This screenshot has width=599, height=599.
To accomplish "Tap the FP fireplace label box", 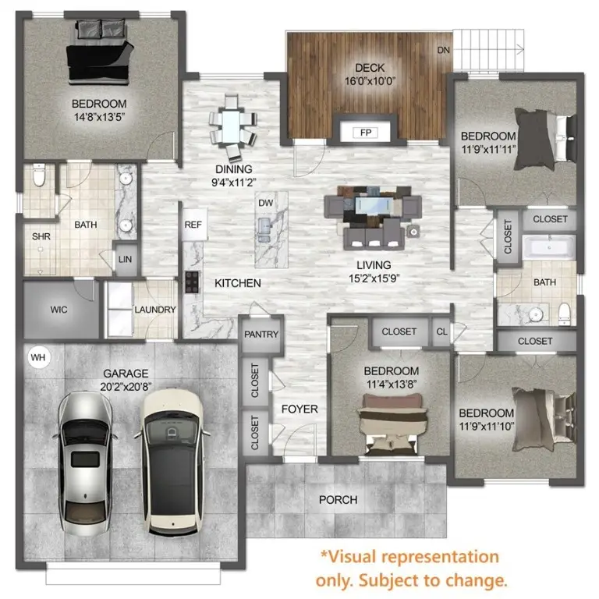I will pyautogui.click(x=364, y=133).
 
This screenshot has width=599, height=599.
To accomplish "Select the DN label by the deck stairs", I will pyautogui.click(x=444, y=50).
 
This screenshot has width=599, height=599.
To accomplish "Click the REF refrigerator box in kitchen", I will pyautogui.click(x=193, y=224).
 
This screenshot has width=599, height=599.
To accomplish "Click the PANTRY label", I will pyautogui.click(x=261, y=334).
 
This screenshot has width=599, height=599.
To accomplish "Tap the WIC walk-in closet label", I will pyautogui.click(x=58, y=310).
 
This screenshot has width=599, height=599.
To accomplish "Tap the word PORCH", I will pyautogui.click(x=338, y=499).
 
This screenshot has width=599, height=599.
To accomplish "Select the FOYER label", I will pyautogui.click(x=299, y=409).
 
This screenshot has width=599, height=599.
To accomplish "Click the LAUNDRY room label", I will pyautogui.click(x=155, y=310).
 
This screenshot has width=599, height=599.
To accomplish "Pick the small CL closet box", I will pyautogui.click(x=442, y=331).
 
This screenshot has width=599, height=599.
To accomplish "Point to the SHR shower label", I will pyautogui.click(x=41, y=236).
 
